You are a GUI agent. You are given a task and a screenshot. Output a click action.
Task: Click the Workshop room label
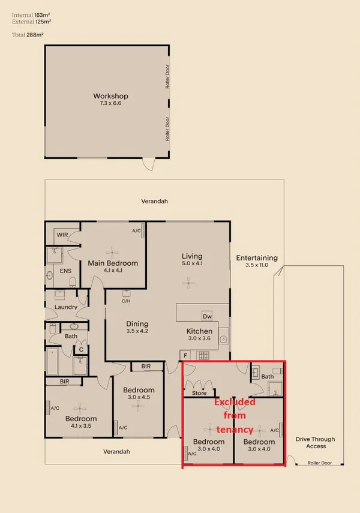pos(110,96)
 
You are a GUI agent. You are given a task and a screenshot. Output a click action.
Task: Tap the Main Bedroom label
pos(113,263)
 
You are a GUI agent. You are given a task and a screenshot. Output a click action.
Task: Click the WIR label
pos(62,235)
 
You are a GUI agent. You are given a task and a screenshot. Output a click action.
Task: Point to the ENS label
pos(66,271)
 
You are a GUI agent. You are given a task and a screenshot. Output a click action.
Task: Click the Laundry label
pos(66,307)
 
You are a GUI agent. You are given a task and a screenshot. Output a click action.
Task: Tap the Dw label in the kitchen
pos(207,316)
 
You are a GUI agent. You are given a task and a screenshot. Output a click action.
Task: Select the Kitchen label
pos(199,331)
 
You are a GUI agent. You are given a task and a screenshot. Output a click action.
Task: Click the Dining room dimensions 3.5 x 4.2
pos(137,331)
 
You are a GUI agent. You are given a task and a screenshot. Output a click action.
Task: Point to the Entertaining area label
pos(257,258)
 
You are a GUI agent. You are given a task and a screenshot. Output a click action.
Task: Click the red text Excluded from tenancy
pos(235,415)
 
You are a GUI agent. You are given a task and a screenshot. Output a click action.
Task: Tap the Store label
pos(199,394)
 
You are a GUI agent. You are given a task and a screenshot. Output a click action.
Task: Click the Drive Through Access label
pos(316,442)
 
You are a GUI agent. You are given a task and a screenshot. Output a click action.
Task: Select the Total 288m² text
pos(28,35)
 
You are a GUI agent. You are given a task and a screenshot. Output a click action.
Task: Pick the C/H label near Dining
pos(126,301)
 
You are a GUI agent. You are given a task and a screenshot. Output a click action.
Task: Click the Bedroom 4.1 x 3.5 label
pos(81,419)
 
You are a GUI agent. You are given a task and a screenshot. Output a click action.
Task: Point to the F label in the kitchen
pos(186,355)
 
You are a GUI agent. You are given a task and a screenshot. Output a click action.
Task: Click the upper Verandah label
pos(154,202)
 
